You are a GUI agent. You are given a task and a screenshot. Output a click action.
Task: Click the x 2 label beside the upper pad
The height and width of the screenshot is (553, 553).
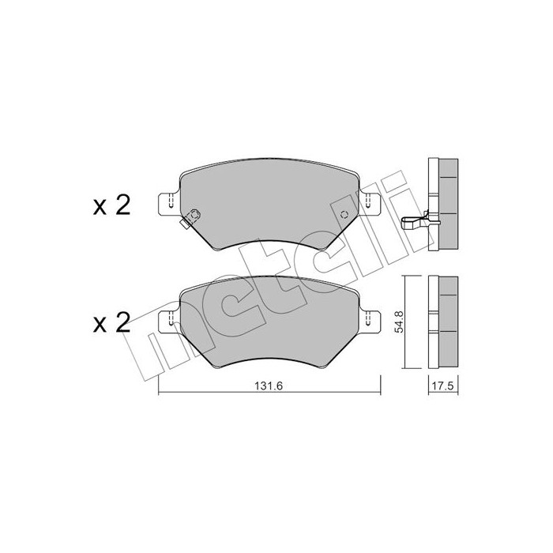111,206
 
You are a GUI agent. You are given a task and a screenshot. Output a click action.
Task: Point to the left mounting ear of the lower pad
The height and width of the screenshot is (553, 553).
167,320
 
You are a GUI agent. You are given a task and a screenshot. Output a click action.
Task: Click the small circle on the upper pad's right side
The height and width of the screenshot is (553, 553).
344,216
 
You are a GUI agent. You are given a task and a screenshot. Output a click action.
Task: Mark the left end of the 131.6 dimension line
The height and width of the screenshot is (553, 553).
159,393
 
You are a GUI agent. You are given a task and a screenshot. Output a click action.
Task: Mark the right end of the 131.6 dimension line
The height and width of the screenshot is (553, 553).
381,393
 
